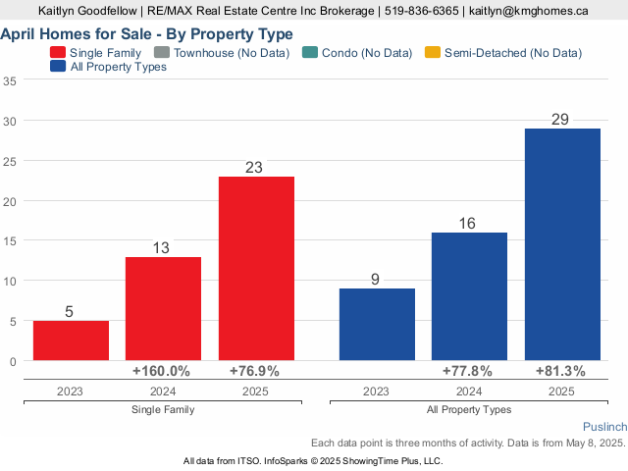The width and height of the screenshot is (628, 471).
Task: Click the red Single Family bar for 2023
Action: click(x=71, y=340)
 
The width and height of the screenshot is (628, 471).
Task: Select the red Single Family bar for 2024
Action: click(x=163, y=308)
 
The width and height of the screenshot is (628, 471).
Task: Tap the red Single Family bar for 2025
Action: click(x=256, y=268)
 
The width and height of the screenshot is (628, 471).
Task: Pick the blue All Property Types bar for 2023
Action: click(x=377, y=324)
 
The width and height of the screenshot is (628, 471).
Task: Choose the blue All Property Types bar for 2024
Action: click(x=469, y=296)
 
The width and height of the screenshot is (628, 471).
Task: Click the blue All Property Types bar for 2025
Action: click(x=562, y=244)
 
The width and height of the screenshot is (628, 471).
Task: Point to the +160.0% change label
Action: click(x=161, y=372)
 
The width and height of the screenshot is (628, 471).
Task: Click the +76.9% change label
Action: click(x=254, y=372)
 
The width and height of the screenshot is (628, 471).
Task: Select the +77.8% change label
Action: click(x=467, y=372)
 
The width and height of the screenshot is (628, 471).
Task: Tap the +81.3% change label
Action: click(x=560, y=372)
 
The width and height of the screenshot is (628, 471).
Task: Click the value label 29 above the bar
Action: click(x=561, y=119)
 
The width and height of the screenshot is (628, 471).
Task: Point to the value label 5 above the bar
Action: click(x=70, y=312)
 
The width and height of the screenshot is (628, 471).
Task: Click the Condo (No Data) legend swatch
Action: click(x=310, y=52)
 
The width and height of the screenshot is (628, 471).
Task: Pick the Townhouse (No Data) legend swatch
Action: click(x=166, y=52)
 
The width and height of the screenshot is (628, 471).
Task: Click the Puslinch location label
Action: click(x=603, y=429)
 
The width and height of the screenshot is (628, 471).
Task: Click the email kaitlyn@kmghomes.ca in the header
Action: click(x=528, y=11)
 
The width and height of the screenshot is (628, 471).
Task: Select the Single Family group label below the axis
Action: click(x=162, y=409)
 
